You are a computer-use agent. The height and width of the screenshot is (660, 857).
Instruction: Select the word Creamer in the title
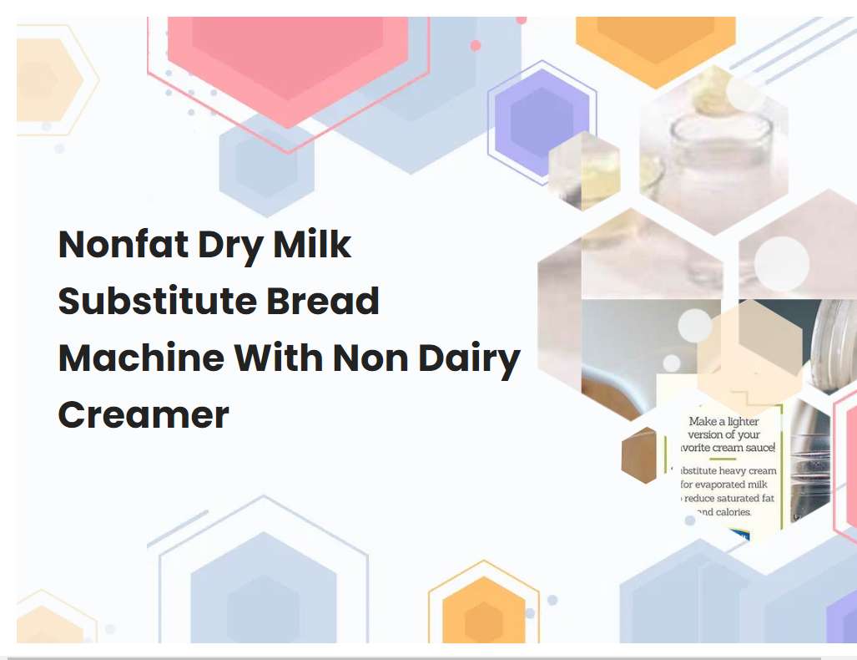tap(143, 415)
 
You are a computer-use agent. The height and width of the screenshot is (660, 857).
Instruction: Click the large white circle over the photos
tap(782, 264)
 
